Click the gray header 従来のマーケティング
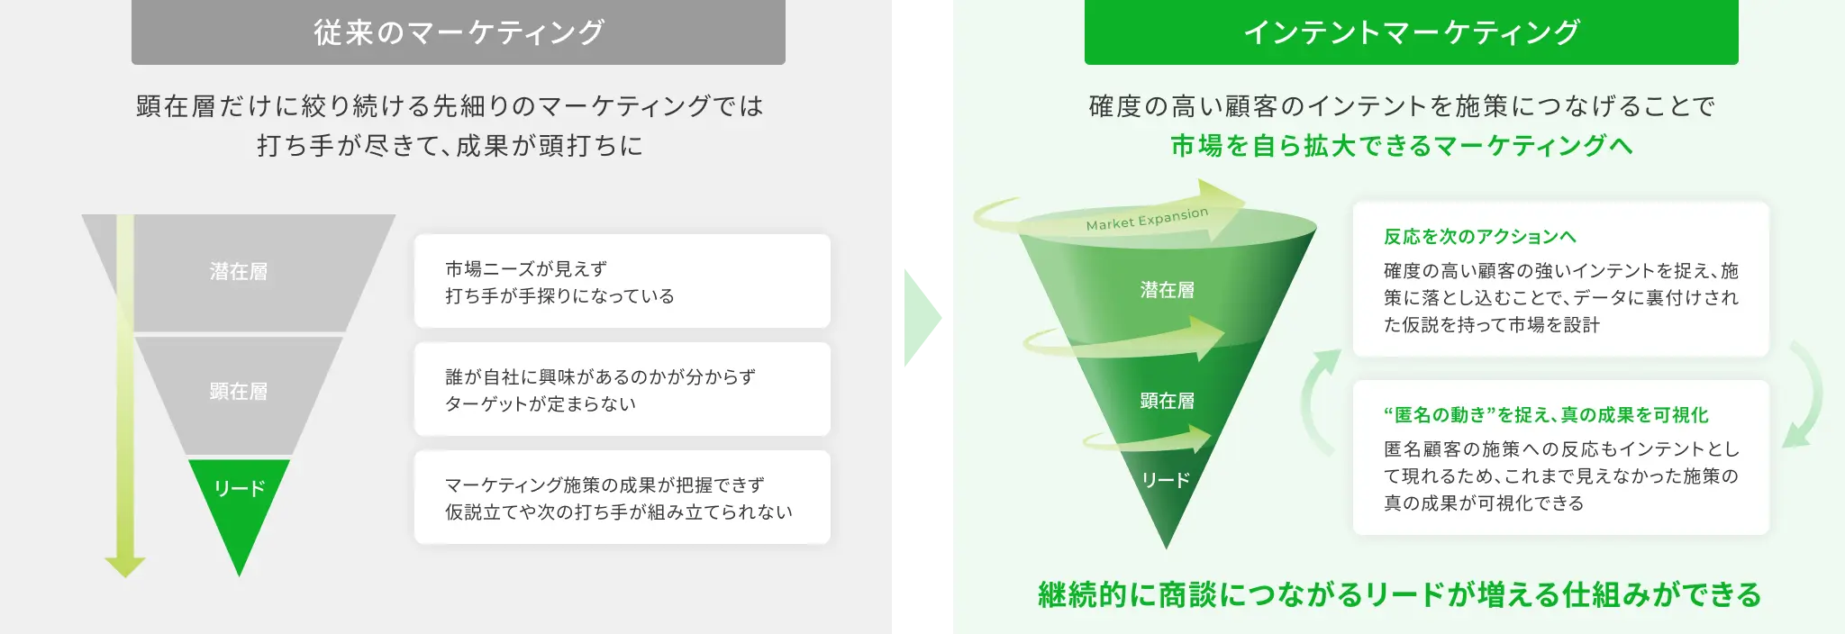(x=458, y=32)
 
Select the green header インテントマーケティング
(x=1411, y=32)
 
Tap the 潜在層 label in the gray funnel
(x=239, y=271)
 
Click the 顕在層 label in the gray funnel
(x=239, y=391)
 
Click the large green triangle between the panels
(x=921, y=317)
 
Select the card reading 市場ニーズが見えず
(x=622, y=281)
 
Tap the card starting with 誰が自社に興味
(x=622, y=389)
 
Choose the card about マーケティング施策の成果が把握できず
(x=622, y=497)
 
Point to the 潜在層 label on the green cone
(x=1167, y=290)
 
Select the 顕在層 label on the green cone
(x=1167, y=401)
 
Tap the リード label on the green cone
(x=1166, y=480)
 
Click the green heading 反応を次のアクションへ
(x=1479, y=237)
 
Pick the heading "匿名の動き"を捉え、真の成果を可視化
(x=1546, y=415)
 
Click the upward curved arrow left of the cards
(x=1319, y=401)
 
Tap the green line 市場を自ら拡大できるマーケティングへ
(x=1401, y=145)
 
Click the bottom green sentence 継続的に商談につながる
(x=1399, y=595)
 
